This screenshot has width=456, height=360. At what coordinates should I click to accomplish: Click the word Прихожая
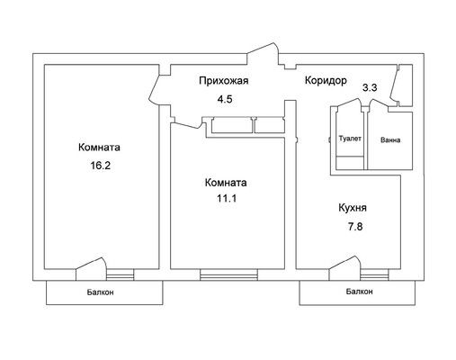[x=222, y=81]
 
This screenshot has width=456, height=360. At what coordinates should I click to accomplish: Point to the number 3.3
[x=369, y=87]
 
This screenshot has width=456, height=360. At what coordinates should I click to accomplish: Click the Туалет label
[x=351, y=139]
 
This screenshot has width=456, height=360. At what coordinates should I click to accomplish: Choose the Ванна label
[x=390, y=140]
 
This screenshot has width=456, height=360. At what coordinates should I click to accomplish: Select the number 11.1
[x=225, y=201]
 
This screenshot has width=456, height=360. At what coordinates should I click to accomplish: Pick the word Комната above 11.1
[x=225, y=182]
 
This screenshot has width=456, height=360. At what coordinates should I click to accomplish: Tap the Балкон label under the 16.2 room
[x=101, y=292]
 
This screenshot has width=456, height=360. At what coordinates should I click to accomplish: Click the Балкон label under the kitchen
[x=359, y=292]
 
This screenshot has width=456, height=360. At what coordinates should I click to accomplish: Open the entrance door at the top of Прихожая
[x=267, y=53]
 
